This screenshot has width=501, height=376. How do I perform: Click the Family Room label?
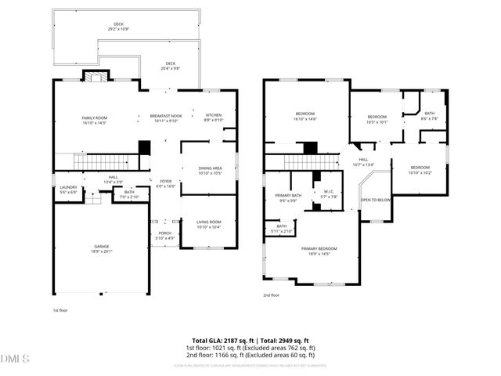click(94, 117)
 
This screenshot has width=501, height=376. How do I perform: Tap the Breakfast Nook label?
click(165, 116)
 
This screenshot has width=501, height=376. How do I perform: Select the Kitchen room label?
click(213, 115)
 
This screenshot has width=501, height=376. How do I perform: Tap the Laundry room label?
click(69, 188)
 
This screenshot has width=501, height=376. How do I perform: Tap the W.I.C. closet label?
click(330, 195)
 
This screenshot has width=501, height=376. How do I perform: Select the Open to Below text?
click(376, 200)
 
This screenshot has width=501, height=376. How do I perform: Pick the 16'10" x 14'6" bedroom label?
click(305, 116)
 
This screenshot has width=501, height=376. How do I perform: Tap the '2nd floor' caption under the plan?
click(272, 295)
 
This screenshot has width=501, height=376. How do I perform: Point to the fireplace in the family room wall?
click(94, 77)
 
